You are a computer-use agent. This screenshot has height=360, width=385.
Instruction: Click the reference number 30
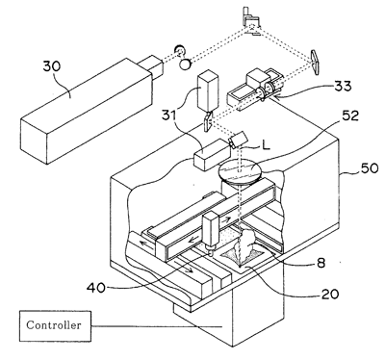52,66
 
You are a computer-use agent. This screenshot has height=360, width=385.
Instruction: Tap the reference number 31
169,115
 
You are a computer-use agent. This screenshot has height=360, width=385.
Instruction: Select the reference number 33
343,86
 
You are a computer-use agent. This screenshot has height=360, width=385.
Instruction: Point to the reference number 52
350,116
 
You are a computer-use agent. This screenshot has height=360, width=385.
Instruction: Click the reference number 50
370,167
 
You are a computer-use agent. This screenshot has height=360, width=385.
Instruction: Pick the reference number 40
95,288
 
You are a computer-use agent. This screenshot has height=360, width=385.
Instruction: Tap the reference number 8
321,263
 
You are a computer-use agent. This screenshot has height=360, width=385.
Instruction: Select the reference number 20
330,294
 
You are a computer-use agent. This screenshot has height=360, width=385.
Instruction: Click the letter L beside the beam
266,146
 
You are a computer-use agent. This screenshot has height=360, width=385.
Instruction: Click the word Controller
54,325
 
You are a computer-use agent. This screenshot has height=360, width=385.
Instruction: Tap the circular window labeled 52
240,172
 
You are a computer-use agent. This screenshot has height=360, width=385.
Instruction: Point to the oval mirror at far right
315,63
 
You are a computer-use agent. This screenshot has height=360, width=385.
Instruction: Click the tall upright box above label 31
208,91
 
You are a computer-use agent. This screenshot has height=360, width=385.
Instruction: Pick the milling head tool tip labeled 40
210,252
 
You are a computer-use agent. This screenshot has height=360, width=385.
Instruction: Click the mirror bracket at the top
252,21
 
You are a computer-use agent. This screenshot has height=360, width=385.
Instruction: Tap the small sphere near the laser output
185,64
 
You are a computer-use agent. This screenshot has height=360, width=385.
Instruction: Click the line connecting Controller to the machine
157,326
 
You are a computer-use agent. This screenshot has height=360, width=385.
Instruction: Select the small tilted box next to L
238,140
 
